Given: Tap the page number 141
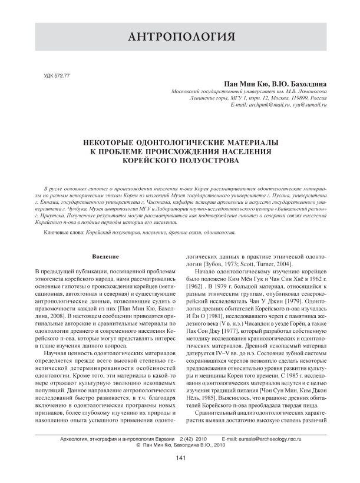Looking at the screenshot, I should coord(180,474).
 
